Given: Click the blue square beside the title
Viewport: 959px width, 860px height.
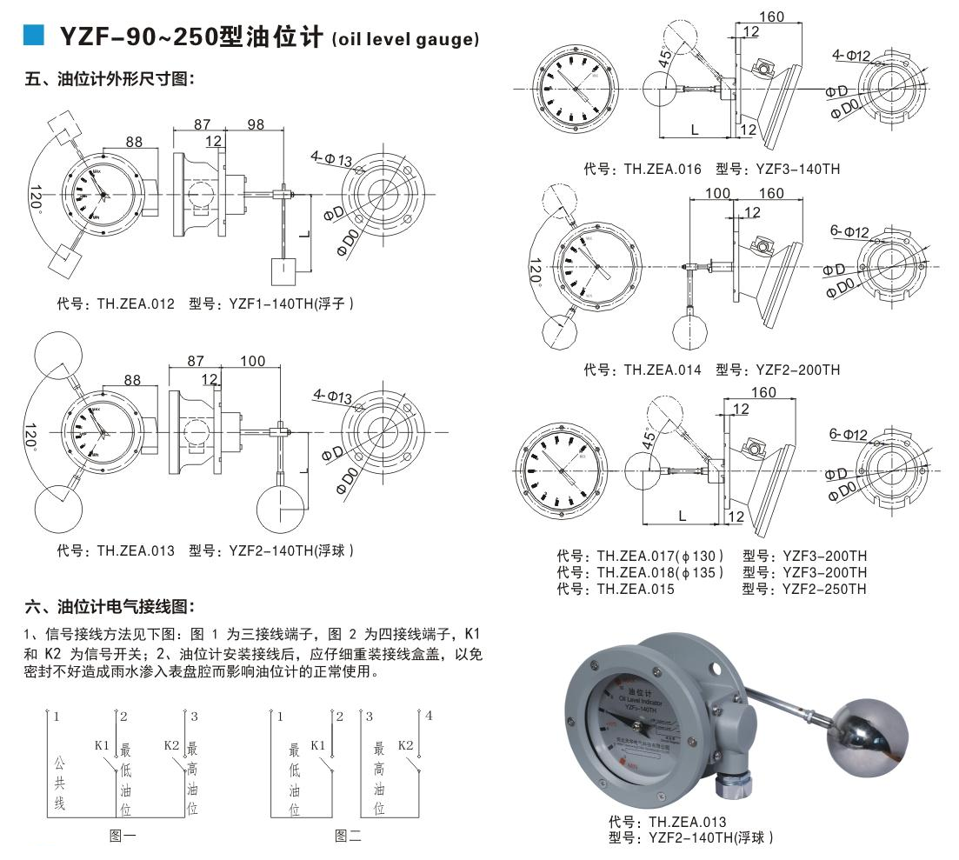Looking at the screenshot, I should click(x=32, y=35).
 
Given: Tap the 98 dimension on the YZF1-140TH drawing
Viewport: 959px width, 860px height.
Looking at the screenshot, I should click(x=255, y=125).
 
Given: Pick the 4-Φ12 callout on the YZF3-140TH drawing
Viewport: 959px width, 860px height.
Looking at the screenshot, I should click(x=851, y=57).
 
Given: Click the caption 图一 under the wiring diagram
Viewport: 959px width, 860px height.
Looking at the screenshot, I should click(x=123, y=837).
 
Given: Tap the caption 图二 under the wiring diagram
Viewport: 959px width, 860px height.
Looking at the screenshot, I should click(x=348, y=837).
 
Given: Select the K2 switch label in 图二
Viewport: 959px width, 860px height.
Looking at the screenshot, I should click(x=405, y=745).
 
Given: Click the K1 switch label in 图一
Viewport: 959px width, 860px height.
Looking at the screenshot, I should click(x=102, y=745).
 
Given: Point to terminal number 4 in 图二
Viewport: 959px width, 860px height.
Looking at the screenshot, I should click(x=428, y=717).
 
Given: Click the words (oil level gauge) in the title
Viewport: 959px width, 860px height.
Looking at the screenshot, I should click(x=405, y=39).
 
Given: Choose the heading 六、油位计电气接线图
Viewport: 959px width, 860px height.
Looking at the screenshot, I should click(x=109, y=606).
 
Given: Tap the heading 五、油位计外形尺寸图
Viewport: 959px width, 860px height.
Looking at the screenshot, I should click(x=109, y=80).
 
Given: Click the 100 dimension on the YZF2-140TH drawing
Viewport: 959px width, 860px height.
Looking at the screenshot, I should click(x=252, y=360).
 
